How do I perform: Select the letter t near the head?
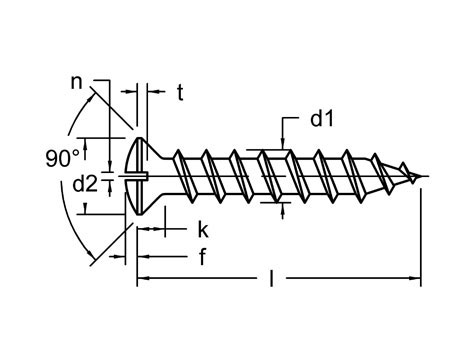[180, 93]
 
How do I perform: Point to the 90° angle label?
[61, 157]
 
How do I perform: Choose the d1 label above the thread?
[321, 120]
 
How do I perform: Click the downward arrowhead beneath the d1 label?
[284, 146]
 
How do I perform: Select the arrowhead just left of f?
[143, 256]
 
